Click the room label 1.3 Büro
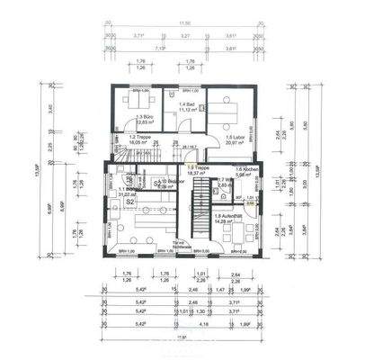click(x=142, y=118)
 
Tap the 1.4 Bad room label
click(x=183, y=105)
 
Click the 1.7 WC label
click(x=224, y=181)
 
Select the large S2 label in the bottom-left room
click(x=129, y=202)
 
